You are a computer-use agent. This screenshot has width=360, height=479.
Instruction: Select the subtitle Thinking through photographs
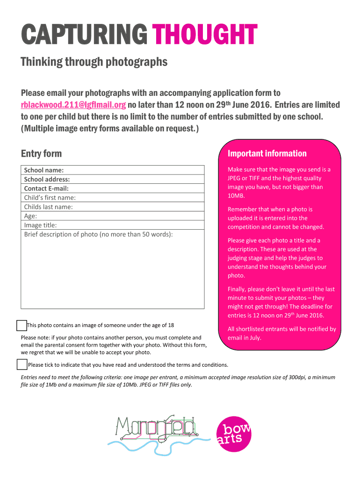pos(94,62)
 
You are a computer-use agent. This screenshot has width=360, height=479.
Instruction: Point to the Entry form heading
pos(41,153)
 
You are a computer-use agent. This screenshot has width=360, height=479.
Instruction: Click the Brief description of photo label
pos(98,234)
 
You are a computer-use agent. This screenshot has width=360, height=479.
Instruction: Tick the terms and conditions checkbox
pos(22,364)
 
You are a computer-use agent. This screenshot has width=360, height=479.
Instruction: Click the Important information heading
pos(267,153)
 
